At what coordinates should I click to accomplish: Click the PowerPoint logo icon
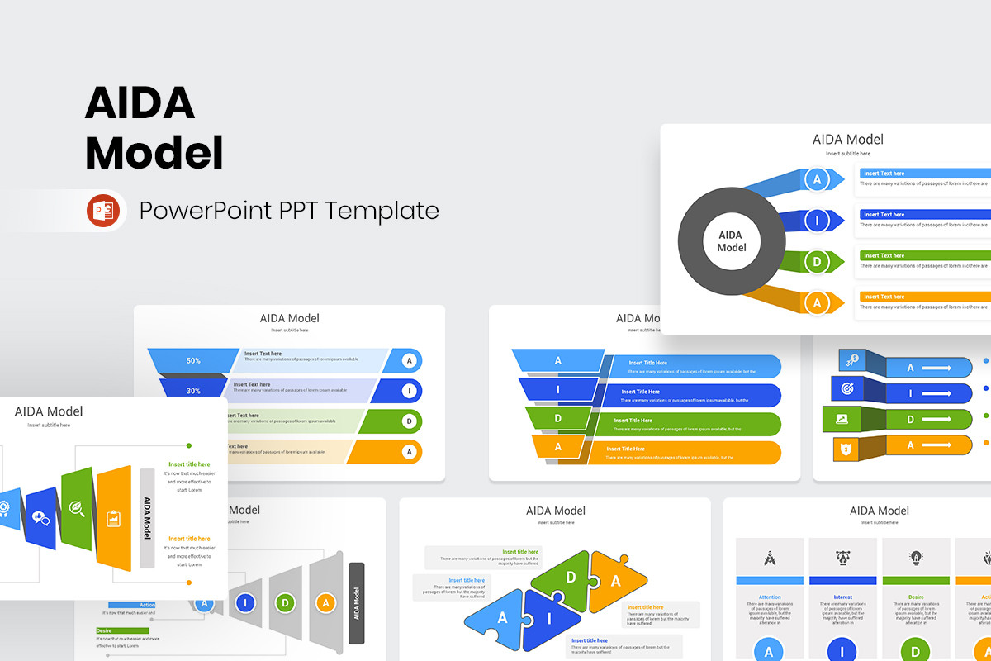coord(103,211)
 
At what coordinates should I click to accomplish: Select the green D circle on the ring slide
coord(817,263)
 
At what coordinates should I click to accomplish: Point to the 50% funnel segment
coord(194,360)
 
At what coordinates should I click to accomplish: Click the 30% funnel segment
coord(193,390)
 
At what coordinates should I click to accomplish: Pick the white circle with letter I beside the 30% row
coord(408,391)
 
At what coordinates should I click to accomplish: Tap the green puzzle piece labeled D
coord(571,578)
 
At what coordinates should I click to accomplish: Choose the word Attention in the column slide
coord(770,597)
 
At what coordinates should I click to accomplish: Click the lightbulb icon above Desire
coord(916,558)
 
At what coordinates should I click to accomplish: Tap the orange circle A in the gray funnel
coord(326,602)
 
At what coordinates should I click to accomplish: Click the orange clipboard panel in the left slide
coord(114,518)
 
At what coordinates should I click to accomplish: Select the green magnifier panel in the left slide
coord(77,508)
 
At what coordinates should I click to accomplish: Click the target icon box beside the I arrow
coord(847,388)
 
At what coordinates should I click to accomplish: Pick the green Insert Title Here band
coord(694,424)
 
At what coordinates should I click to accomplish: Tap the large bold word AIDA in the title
coord(140,103)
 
